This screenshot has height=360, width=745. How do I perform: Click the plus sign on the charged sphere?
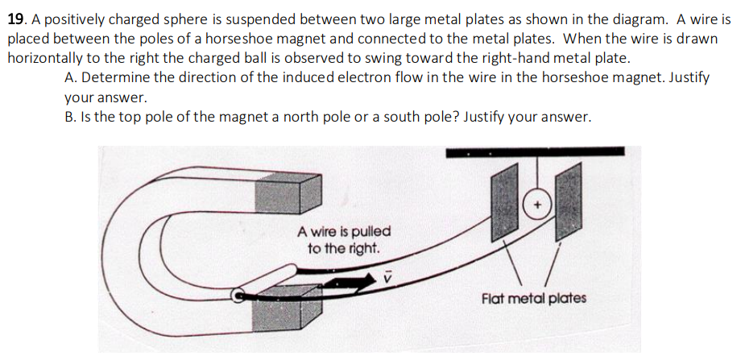[x=536, y=205]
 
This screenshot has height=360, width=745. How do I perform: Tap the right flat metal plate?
[x=568, y=197]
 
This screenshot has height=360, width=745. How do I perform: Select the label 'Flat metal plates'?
[x=533, y=298]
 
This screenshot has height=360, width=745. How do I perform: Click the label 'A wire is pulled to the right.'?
[x=344, y=240]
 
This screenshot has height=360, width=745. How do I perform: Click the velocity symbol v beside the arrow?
[x=387, y=275]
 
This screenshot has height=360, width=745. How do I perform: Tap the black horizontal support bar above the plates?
[x=535, y=151]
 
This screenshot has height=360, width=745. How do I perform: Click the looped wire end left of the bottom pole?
[x=239, y=296]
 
